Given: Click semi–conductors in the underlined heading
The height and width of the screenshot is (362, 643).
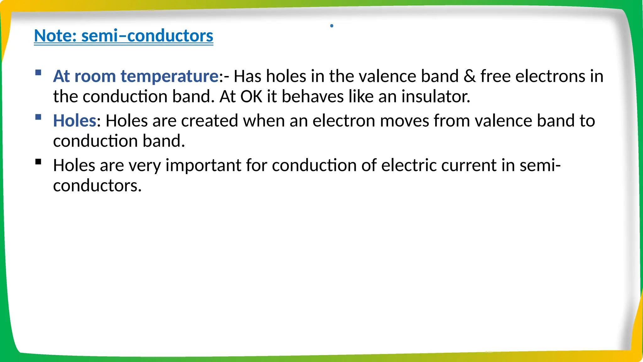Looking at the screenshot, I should pos(147,36).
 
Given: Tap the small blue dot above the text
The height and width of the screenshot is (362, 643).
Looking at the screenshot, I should pos(332,26).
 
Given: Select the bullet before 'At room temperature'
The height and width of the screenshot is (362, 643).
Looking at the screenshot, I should pos(38,73).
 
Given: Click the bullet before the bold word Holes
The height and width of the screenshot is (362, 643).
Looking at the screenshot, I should pos(38,117).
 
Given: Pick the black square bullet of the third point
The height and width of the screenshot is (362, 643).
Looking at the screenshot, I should pos(38,162).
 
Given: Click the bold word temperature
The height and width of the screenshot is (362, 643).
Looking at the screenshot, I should pos(170,76).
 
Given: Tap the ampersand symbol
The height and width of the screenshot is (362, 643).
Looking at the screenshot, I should pos(469,76).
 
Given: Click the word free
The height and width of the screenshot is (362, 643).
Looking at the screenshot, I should pos(495,76).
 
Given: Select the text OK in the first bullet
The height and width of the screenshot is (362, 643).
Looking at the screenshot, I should pos(251,96).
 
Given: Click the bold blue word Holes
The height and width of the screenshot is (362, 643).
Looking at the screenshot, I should pos(74,121).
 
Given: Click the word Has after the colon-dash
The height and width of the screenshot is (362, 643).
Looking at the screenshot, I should pos(247,76).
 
